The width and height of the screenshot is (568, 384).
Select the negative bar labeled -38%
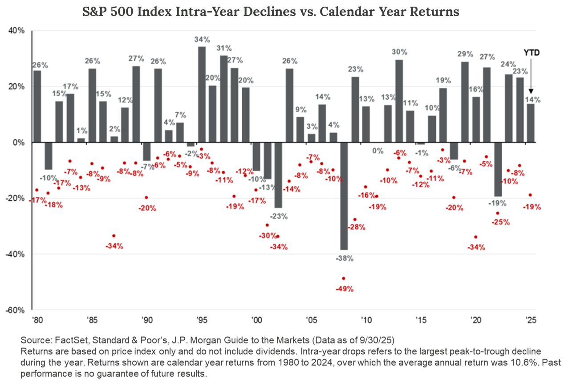(343, 196)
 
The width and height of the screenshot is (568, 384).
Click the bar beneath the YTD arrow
(531, 123)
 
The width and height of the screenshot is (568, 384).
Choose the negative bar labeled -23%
(278, 175)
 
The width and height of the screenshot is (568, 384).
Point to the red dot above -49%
(344, 278)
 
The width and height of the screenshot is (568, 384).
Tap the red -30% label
(268, 236)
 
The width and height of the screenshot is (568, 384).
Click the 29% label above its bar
(465, 54)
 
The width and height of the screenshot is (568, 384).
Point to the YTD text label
(531, 53)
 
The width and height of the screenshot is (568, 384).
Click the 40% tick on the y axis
(18, 31)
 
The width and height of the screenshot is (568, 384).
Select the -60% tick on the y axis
(16, 310)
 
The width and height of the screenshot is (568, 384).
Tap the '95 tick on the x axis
(202, 320)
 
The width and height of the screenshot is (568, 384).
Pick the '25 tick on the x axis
(530, 320)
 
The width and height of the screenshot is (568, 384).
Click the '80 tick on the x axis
(37, 320)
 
